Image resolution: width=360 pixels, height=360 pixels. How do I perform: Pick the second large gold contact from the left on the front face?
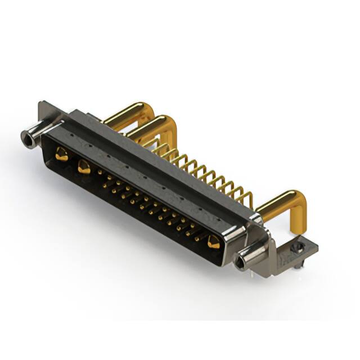84,166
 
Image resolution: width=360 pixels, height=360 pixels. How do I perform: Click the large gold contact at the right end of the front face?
213,242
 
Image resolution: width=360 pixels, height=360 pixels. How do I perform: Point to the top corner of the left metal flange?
42,103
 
